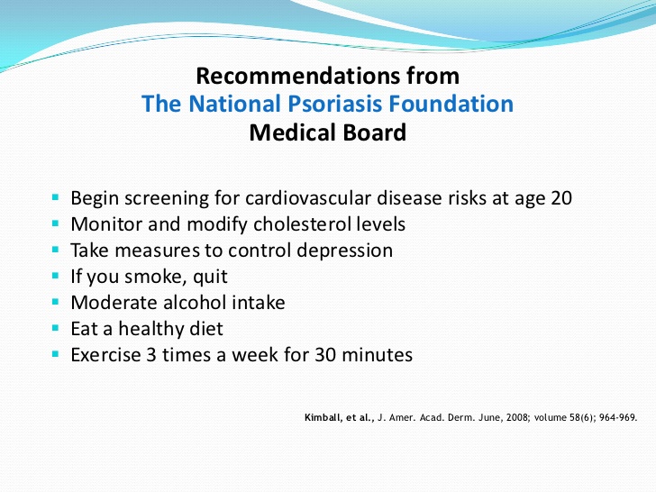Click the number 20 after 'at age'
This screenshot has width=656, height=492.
561,198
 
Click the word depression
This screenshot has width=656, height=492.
345,251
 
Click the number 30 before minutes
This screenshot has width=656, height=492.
325,355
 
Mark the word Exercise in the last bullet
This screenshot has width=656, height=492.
105,355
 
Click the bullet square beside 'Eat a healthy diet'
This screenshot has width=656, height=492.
56,328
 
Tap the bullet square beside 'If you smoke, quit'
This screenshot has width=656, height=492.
56,276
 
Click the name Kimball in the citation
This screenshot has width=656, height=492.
323,417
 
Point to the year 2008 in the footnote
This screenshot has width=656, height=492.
517,417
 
